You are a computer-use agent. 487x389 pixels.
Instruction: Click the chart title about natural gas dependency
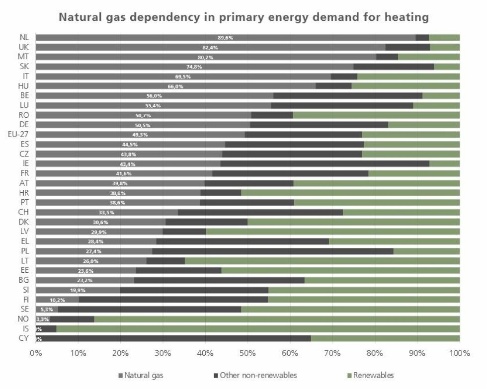pos(243,17)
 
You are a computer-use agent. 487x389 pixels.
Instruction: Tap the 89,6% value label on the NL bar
pos(225,38)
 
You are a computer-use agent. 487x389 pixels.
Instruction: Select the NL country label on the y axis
pos(24,37)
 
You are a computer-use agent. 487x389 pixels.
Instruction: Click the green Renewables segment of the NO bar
pos(276,319)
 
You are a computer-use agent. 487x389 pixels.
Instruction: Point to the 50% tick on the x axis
pos(247,353)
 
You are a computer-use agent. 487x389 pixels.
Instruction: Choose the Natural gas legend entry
pos(141,375)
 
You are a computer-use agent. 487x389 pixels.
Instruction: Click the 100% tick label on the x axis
pos(459,353)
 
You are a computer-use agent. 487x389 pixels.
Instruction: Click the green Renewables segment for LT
pos(322,261)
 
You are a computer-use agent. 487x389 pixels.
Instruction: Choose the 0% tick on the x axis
pos(36,353)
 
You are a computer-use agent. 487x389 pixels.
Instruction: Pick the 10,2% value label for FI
pos(57,300)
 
